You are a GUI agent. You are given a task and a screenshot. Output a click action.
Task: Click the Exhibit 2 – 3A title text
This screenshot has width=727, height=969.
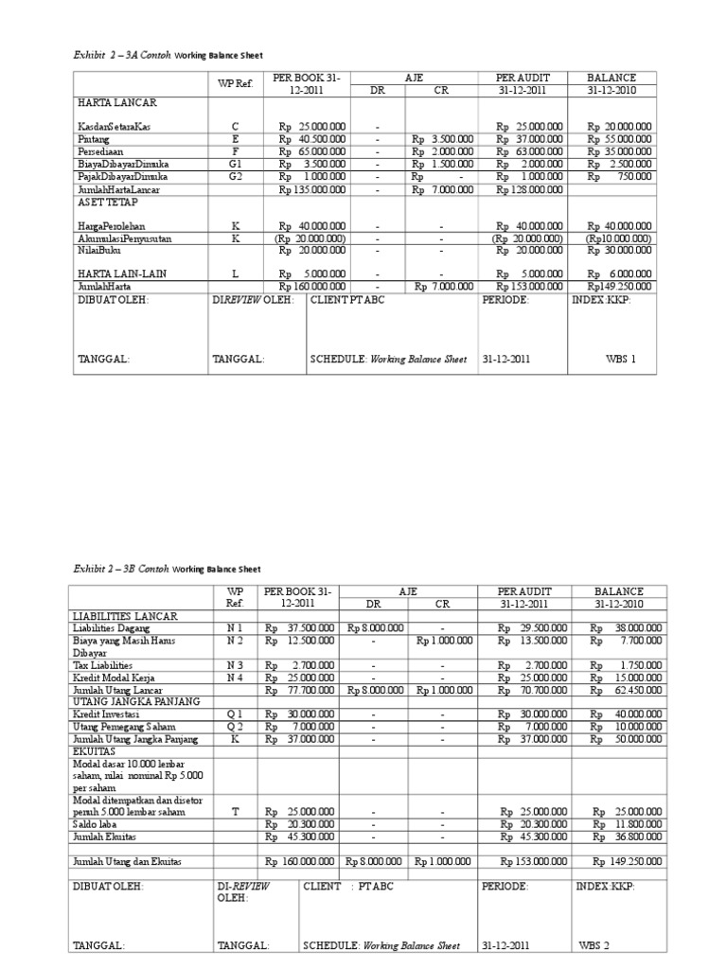tap(166, 55)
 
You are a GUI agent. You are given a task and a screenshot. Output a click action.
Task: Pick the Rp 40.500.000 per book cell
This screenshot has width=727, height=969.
tap(312, 138)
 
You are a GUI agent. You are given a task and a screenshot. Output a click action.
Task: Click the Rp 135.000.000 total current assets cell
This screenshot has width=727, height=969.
tap(312, 187)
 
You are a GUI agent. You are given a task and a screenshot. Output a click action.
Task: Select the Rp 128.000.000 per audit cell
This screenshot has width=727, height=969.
tap(529, 187)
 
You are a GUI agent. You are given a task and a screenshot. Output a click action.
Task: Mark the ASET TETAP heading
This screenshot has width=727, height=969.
tap(103, 201)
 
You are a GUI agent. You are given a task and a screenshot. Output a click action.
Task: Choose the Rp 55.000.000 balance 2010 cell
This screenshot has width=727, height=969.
tap(619, 138)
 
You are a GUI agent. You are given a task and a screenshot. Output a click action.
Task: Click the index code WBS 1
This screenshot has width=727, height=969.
tap(621, 360)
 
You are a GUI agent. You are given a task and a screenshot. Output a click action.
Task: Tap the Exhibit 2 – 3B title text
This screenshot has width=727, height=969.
tap(166, 569)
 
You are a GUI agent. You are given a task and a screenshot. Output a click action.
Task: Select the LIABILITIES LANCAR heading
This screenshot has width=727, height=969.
tap(125, 615)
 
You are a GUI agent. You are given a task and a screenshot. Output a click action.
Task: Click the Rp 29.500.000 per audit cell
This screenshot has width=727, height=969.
tap(529, 626)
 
